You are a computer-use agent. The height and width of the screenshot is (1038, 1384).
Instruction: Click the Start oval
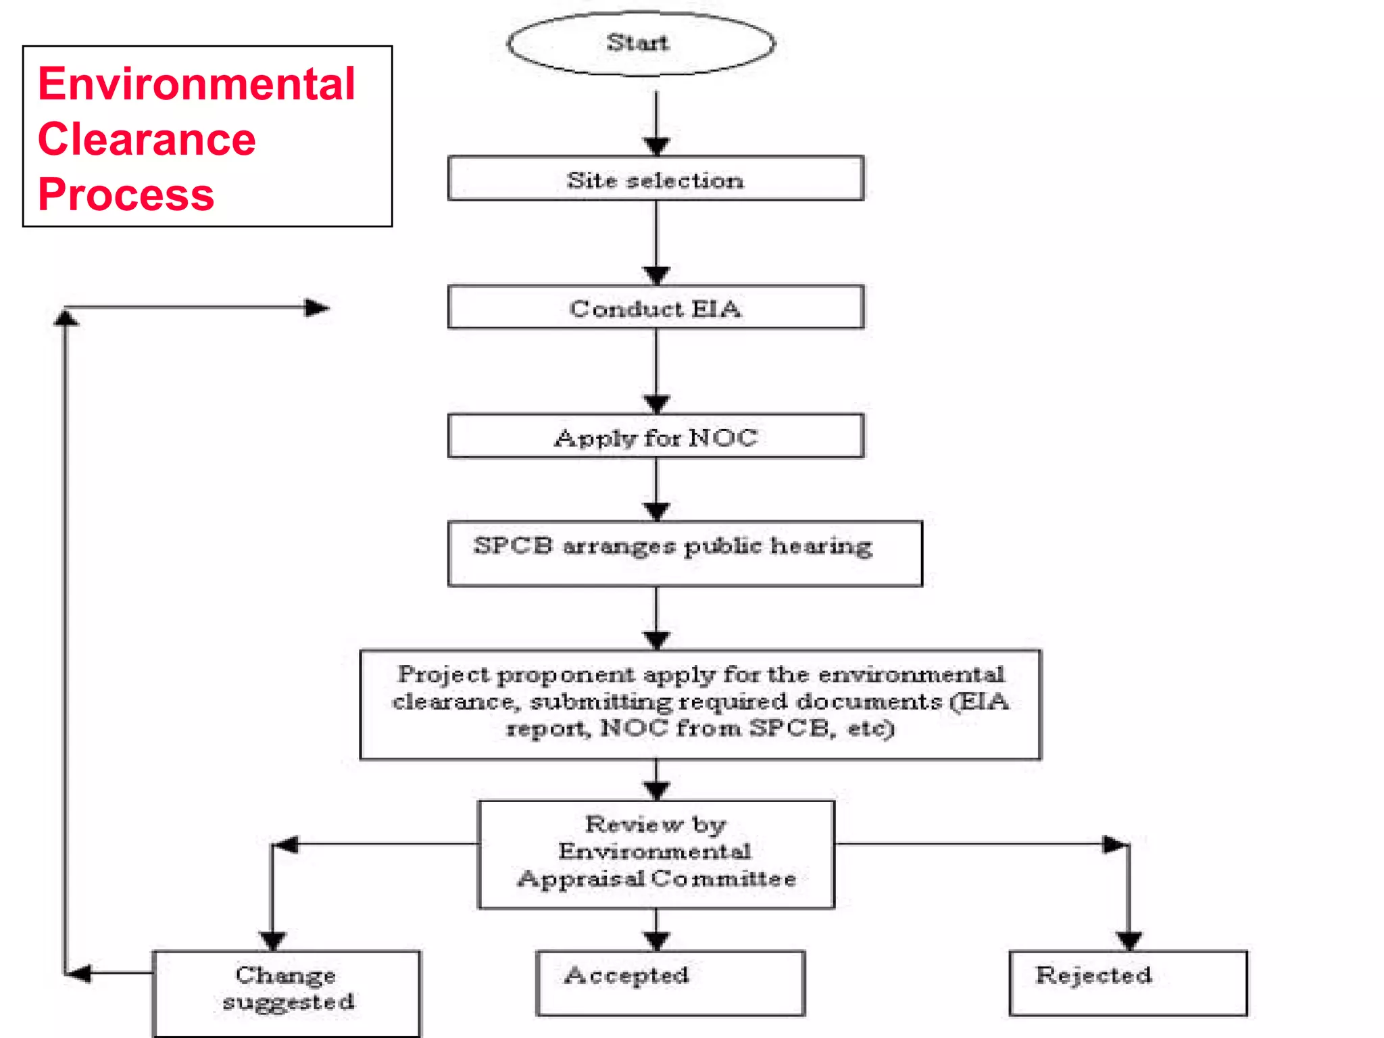641,43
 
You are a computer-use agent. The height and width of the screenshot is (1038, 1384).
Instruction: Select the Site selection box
656,179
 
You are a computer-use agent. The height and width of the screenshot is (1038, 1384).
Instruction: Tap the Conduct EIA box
656,308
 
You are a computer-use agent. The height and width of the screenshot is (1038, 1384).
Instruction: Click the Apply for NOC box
656,437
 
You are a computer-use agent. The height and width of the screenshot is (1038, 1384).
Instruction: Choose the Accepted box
670,983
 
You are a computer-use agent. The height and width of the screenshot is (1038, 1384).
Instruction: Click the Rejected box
1128,983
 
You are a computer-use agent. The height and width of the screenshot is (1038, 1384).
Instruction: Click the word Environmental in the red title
197,84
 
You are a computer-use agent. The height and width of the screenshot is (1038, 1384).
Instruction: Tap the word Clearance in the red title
147,140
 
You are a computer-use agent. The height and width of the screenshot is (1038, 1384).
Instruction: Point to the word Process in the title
126,195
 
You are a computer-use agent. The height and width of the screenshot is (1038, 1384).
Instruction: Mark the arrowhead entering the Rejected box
1129,940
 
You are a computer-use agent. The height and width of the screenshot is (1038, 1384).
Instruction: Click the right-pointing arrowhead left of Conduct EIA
316,308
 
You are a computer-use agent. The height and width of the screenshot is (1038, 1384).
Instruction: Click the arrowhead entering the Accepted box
656,941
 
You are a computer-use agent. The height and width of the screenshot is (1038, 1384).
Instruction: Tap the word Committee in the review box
724,879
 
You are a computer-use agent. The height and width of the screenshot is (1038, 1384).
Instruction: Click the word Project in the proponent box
443,674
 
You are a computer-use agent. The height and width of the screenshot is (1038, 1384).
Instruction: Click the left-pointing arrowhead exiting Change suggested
79,973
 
